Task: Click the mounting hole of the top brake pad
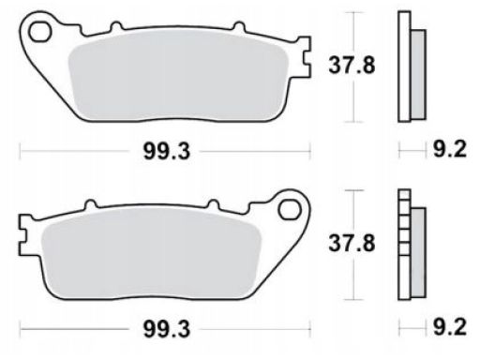click(39, 32)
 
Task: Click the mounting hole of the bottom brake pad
click(290, 210)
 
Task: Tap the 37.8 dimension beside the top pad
click(352, 66)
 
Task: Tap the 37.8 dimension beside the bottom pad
click(352, 243)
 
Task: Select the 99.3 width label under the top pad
click(167, 152)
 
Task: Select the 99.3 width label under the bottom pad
click(167, 329)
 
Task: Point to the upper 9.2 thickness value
click(449, 149)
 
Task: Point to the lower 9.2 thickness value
click(449, 327)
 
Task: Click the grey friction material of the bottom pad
click(152, 253)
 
